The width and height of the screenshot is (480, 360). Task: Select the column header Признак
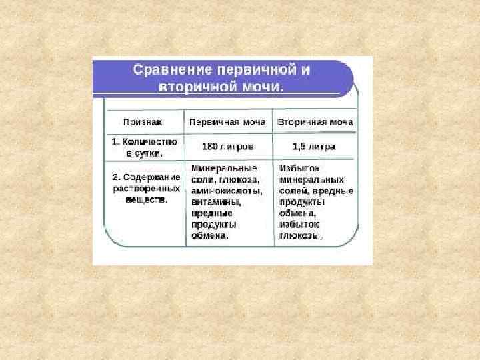click(x=143, y=123)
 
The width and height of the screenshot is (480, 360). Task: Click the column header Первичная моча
click(x=227, y=123)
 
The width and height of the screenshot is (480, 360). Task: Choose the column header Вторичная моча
click(x=315, y=123)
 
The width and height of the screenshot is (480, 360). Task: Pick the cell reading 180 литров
click(x=227, y=146)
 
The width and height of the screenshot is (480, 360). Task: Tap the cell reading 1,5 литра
click(x=313, y=146)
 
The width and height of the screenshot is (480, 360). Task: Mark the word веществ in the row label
click(x=146, y=199)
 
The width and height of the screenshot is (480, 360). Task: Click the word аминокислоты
click(x=225, y=190)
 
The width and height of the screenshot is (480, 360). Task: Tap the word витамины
click(x=215, y=201)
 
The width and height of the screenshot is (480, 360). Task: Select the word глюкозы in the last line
click(x=301, y=236)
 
